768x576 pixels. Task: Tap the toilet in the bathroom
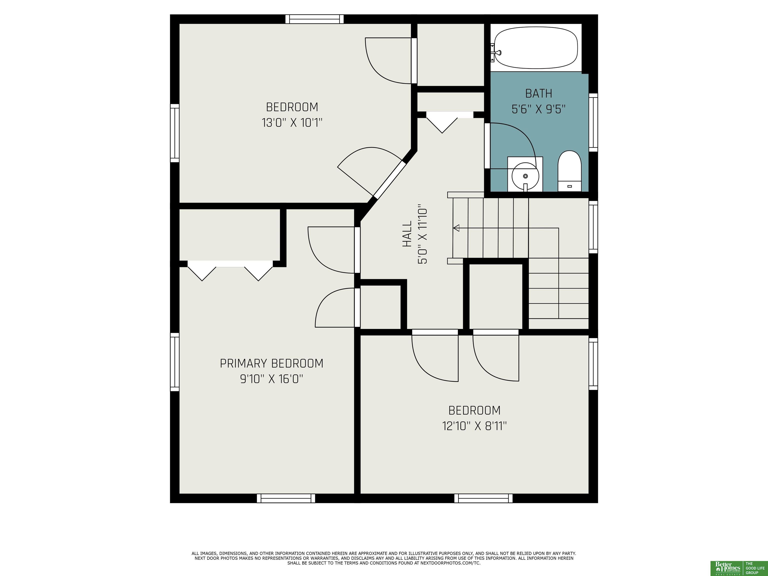[569, 171]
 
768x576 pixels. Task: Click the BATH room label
[538, 93]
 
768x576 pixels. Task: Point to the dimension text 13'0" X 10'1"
[292, 122]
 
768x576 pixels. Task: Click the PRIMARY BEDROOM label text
[271, 363]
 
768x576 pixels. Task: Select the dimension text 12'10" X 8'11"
[474, 426]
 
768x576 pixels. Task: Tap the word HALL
[407, 234]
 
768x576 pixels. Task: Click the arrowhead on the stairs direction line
[456, 228]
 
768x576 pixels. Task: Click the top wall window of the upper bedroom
[314, 19]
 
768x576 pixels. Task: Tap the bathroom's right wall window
[593, 122]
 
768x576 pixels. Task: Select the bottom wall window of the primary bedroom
[286, 498]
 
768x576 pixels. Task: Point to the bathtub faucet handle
[497, 53]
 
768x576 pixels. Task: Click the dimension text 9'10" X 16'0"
[271, 379]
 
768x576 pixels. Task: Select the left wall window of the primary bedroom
[175, 362]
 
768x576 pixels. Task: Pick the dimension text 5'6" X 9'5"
[538, 109]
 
